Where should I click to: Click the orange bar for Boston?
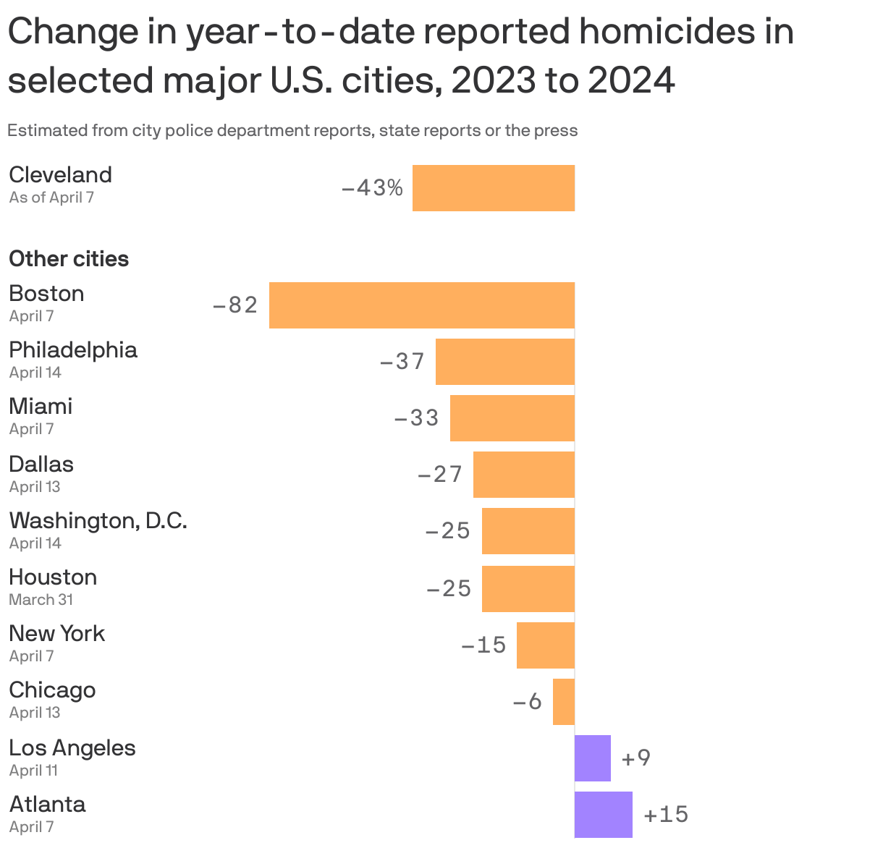[422, 305]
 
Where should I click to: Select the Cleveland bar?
[494, 188]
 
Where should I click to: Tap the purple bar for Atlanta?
[604, 815]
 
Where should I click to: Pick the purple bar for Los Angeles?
[593, 758]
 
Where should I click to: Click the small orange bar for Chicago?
[564, 702]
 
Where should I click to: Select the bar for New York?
[546, 645]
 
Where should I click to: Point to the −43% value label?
[372, 188]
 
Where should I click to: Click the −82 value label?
[235, 305]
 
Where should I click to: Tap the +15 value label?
[666, 815]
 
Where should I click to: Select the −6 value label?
[528, 702]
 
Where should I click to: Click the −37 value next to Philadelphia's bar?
[402, 361]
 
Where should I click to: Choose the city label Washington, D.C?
[98, 520]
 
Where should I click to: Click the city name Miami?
[41, 406]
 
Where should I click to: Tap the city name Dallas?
[41, 464]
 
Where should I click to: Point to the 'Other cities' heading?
[69, 259]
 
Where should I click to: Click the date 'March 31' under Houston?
[41, 600]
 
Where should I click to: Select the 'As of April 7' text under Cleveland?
[51, 198]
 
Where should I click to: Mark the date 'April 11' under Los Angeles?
[33, 771]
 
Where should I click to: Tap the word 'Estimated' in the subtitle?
[48, 131]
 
